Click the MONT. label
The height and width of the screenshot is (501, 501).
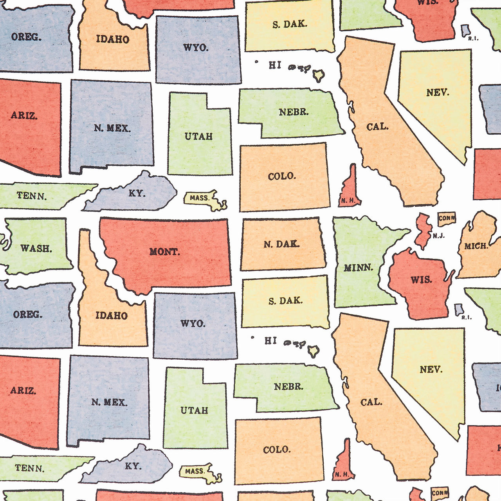coord(165,252)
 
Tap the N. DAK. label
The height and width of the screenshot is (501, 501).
coord(281,244)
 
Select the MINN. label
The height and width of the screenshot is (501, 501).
coord(358,268)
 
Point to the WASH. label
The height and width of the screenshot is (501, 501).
coord(36,248)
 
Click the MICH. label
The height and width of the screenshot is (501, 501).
coord(476,246)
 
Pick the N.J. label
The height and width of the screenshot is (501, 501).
coord(438,236)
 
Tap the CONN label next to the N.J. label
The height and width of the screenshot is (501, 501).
coord(447,218)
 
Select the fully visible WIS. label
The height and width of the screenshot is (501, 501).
coord(421,280)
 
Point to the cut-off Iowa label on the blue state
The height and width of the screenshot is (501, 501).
coord(498,388)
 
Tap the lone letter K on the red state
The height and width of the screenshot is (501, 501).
coord(499,447)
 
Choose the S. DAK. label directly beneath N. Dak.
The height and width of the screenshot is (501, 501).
coord(285,301)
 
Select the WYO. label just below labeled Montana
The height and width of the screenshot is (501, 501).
coord(193,323)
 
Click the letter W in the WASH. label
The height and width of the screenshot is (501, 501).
coord(25,248)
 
